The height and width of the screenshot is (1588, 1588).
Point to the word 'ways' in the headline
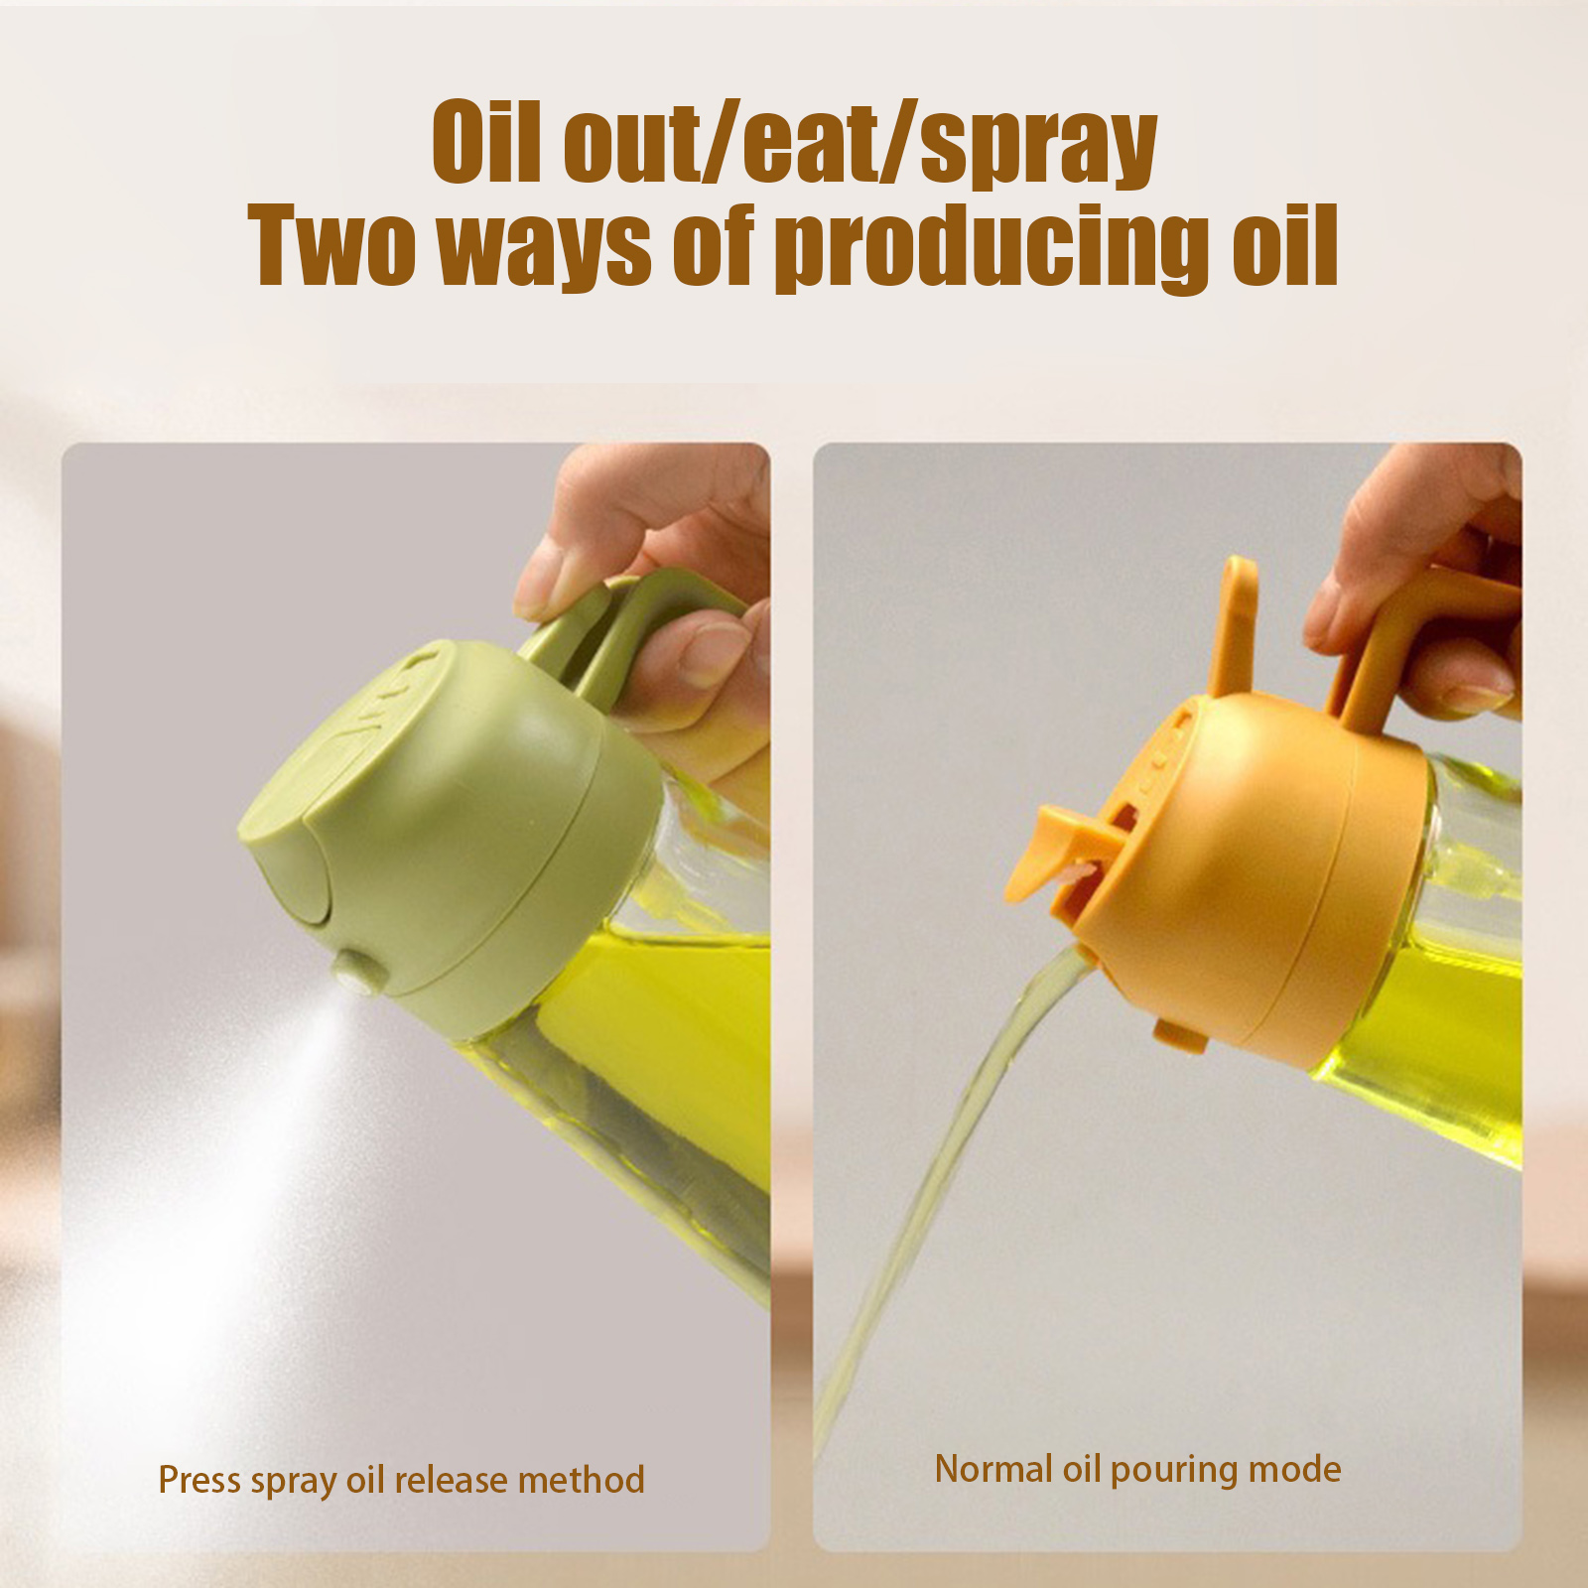tap(544, 248)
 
